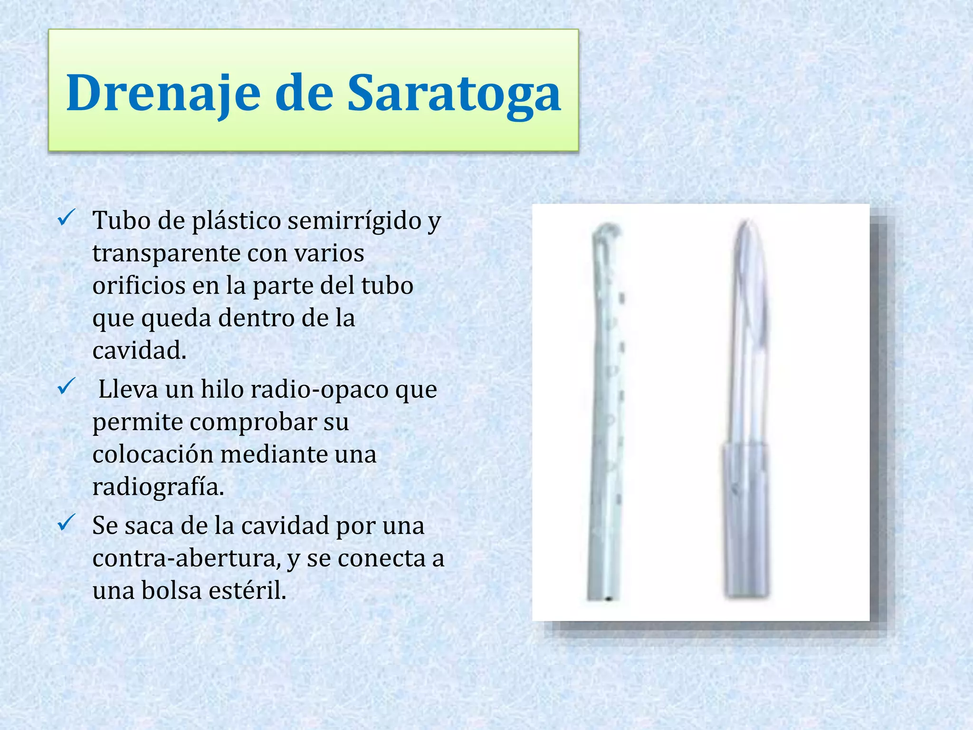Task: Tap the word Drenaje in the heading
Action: coord(163,93)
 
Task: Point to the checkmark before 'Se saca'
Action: coord(65,523)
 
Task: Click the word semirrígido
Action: coord(356,221)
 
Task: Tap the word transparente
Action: coord(167,253)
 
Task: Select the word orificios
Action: coord(138,285)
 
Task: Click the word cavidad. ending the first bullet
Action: coord(139,350)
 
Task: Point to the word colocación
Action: coord(152,454)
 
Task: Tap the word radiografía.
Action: coord(158,487)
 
